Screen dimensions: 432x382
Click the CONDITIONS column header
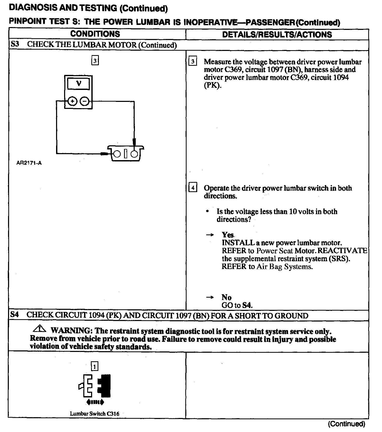(x=95, y=34)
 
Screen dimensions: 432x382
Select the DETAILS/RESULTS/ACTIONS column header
(x=277, y=35)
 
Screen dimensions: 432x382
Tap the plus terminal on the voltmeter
(x=72, y=101)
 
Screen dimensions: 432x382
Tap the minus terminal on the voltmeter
(x=84, y=101)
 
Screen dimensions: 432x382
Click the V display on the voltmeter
(x=78, y=84)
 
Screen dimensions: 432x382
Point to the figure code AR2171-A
(x=29, y=163)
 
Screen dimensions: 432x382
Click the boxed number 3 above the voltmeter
(x=95, y=61)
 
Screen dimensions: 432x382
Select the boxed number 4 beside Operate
(x=193, y=187)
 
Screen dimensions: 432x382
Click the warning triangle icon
(x=40, y=329)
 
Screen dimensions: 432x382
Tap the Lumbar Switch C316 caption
(x=94, y=414)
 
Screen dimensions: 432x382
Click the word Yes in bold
(x=228, y=235)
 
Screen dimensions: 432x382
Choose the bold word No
(x=226, y=297)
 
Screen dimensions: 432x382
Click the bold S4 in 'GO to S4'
(x=247, y=305)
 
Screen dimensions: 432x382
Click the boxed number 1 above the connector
(x=95, y=367)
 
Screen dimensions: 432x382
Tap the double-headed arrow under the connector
(x=95, y=402)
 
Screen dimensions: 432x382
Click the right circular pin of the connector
(x=134, y=154)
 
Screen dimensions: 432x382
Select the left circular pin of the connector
(x=117, y=154)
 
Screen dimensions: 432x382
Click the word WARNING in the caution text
(x=71, y=331)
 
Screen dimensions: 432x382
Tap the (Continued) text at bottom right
(x=346, y=424)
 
